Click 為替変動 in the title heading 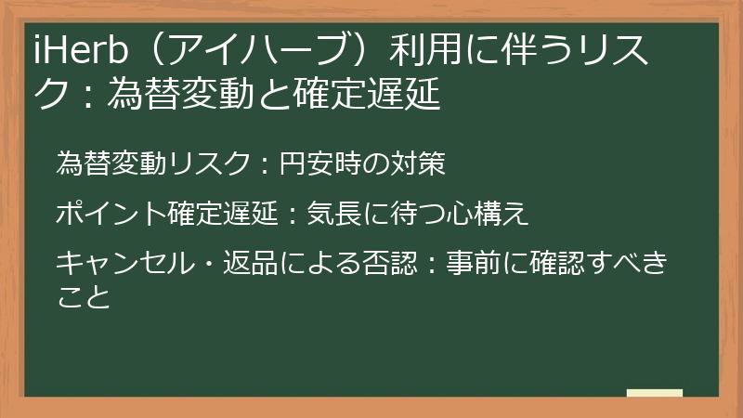(x=182, y=94)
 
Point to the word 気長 (x=334, y=215)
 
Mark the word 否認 (x=390, y=263)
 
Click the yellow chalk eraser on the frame (x=655, y=394)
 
